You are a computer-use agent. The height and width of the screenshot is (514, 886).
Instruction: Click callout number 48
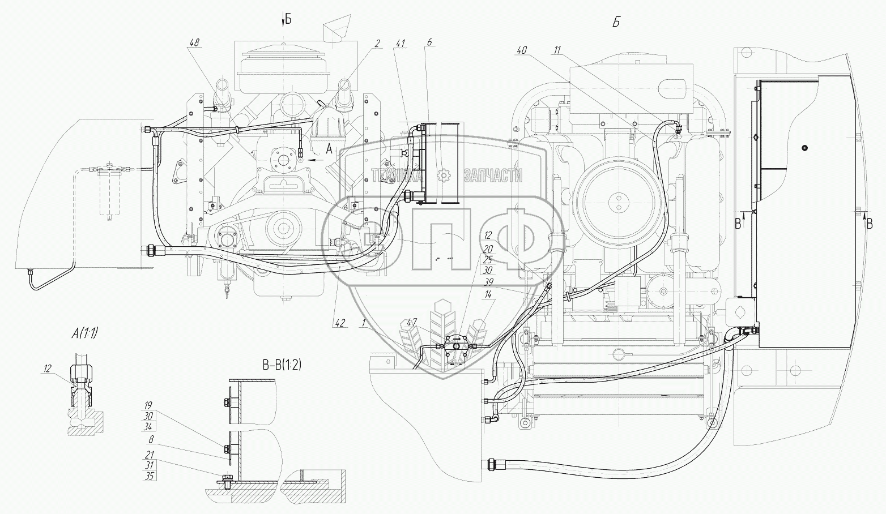click(194, 42)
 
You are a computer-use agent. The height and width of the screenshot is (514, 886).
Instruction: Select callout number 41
click(400, 43)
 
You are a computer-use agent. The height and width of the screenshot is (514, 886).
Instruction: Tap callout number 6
click(429, 42)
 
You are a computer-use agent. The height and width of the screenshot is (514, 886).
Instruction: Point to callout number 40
click(522, 50)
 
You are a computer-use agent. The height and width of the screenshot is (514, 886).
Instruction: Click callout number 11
click(557, 50)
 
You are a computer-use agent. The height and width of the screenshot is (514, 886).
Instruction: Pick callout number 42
click(340, 323)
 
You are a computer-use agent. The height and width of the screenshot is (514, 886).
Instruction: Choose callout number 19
click(148, 406)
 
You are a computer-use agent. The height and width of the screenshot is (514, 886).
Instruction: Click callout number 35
click(149, 476)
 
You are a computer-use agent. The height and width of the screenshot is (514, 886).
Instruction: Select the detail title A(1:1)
click(84, 334)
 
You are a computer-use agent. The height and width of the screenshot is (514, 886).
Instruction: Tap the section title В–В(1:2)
click(282, 365)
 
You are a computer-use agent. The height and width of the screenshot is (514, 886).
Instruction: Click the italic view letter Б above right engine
click(616, 23)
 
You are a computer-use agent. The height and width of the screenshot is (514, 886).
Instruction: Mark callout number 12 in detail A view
click(48, 369)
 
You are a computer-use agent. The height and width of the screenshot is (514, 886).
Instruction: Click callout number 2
click(377, 43)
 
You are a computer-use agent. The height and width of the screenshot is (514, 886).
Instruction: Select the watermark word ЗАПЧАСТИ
click(493, 175)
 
